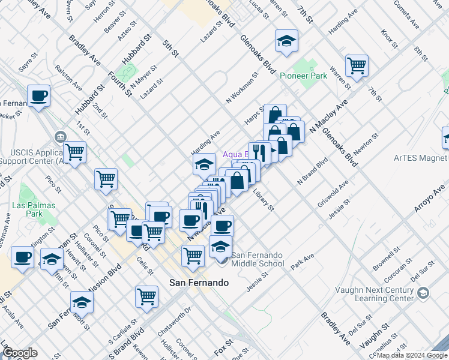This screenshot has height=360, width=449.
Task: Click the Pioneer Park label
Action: pos(303,76)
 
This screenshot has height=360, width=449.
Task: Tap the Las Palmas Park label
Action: pos(34,209)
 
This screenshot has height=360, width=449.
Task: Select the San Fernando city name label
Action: pos(199,281)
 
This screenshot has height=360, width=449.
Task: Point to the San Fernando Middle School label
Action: pos(258,259)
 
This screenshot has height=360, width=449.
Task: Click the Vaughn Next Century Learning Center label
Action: pos(373,293)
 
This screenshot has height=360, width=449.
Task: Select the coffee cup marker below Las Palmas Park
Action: pos(23,257)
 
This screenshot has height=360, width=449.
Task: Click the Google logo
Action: pos(19,353)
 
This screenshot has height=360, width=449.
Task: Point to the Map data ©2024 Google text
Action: pos(412,355)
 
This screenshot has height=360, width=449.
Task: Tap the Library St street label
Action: pos(264,201)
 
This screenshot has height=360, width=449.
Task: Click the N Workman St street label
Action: pos(242,88)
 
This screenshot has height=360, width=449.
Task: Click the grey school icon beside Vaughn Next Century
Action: pos(424,293)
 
